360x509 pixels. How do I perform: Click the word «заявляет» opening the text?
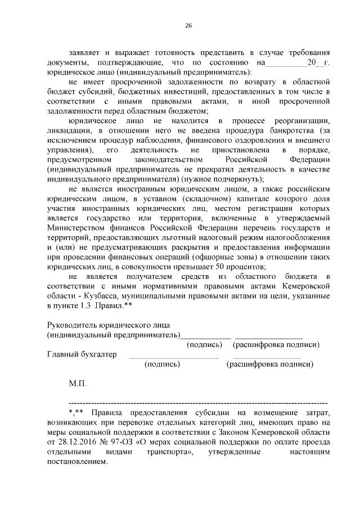pyautogui.click(x=85, y=51)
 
